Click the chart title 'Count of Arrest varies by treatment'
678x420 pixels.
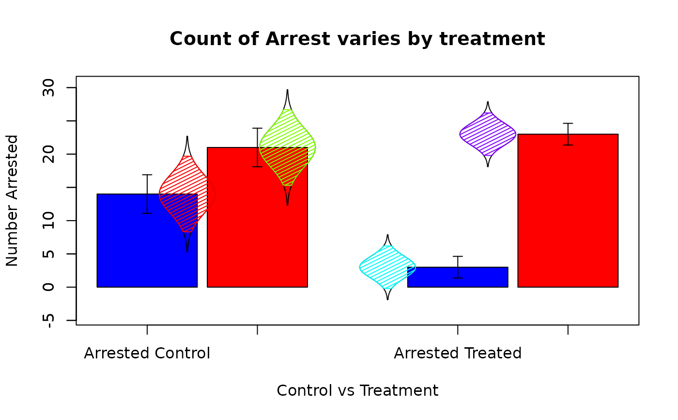tap(357, 39)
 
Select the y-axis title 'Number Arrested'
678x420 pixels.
tap(12, 200)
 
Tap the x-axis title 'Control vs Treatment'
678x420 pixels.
tap(357, 390)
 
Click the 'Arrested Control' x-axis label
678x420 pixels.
tap(147, 353)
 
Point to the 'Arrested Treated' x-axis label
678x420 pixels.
tap(458, 353)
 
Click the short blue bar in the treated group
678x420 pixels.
tap(458, 277)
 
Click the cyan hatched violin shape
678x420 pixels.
tap(387, 267)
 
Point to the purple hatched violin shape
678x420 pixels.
tap(488, 134)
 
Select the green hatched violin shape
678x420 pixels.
tap(287, 147)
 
